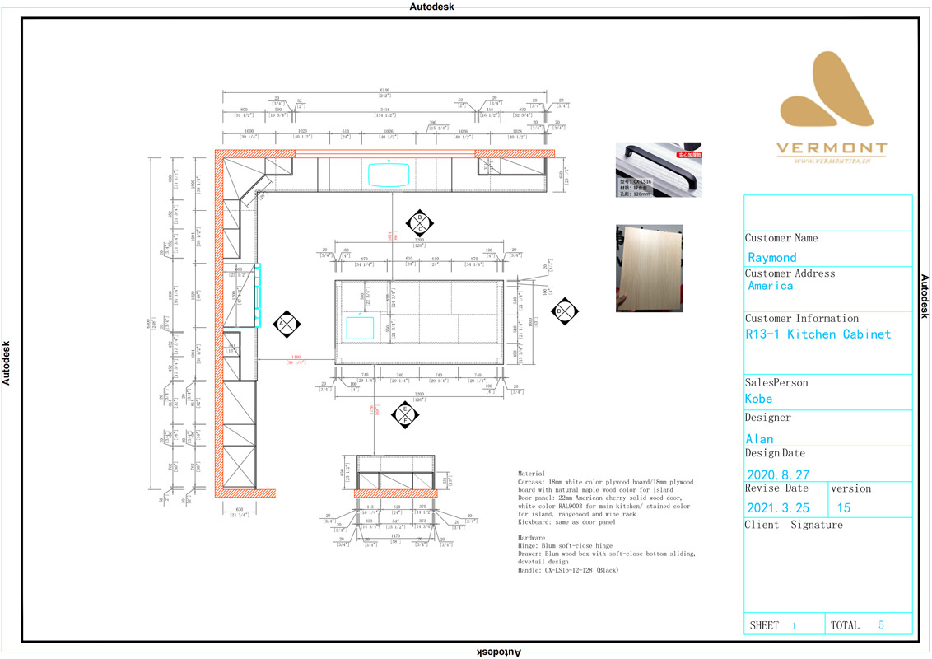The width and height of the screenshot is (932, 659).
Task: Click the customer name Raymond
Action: pyautogui.click(x=772, y=257)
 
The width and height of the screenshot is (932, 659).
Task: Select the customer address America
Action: pyautogui.click(x=771, y=286)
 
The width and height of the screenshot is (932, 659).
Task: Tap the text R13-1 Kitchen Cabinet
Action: pyautogui.click(x=818, y=334)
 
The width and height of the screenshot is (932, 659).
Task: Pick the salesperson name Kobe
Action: pyautogui.click(x=758, y=399)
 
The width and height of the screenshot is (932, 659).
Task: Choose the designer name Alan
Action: pyautogui.click(x=759, y=438)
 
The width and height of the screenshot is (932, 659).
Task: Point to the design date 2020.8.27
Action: pyautogui.click(x=777, y=474)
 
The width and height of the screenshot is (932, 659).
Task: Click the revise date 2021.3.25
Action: pyautogui.click(x=777, y=508)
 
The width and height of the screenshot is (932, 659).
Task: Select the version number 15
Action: pyautogui.click(x=844, y=508)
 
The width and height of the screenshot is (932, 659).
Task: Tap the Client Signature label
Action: pyautogui.click(x=794, y=525)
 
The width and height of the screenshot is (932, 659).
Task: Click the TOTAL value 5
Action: pyautogui.click(x=881, y=625)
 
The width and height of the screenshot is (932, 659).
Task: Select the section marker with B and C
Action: pyautogui.click(x=420, y=222)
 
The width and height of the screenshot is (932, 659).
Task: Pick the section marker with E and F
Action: pyautogui.click(x=405, y=414)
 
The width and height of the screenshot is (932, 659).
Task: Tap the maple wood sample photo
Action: pyautogui.click(x=649, y=268)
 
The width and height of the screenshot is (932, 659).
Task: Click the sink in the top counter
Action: pyautogui.click(x=389, y=175)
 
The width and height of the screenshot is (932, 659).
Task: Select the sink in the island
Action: pyautogui.click(x=360, y=327)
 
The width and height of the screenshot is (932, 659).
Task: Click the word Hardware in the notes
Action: pyautogui.click(x=533, y=537)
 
